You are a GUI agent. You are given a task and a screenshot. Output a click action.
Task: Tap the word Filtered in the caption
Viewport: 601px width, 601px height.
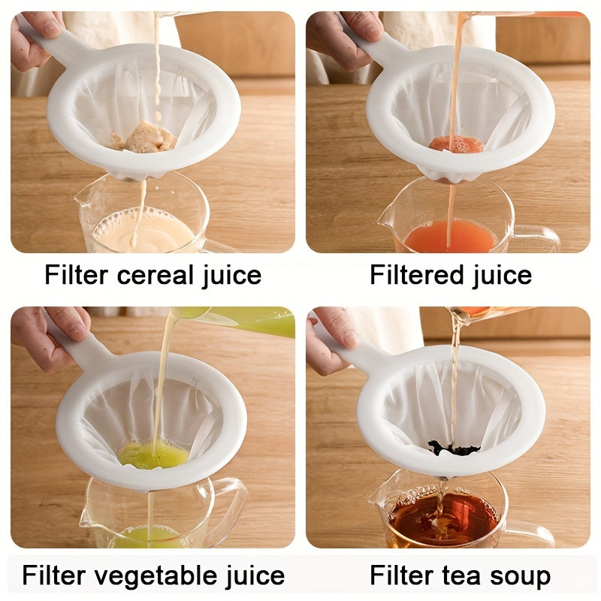pyautogui.click(x=416, y=275)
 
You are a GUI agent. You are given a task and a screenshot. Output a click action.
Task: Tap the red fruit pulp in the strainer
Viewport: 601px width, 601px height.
pyautogui.click(x=456, y=144)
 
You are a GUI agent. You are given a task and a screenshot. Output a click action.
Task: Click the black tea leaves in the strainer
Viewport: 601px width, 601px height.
pyautogui.click(x=453, y=448)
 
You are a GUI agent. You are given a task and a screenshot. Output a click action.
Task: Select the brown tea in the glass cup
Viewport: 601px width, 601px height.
pyautogui.click(x=442, y=519)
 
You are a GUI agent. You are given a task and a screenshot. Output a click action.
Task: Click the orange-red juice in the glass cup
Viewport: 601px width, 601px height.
pyautogui.click(x=449, y=237)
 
